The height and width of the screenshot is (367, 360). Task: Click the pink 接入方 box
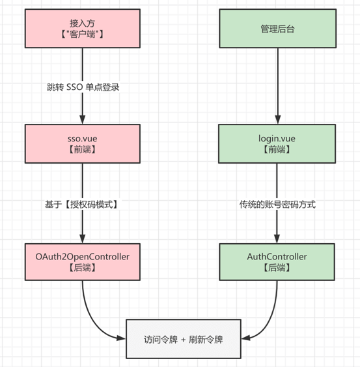point(83,28)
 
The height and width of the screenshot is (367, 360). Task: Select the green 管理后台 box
point(278,28)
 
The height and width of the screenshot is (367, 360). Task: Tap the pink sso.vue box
point(83,143)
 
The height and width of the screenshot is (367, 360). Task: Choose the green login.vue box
point(278,143)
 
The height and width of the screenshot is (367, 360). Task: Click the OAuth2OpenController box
point(83,262)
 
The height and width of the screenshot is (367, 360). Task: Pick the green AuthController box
point(278,262)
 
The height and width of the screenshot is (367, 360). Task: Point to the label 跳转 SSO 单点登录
point(83,87)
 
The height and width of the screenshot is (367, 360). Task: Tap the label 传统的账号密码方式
point(278,204)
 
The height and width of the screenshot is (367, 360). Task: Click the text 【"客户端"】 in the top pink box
point(83,35)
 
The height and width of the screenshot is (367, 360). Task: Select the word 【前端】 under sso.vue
point(83,150)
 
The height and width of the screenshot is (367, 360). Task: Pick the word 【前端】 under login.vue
point(278,150)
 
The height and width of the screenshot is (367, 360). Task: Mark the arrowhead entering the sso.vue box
point(83,120)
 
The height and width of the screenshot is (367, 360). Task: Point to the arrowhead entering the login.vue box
point(278,120)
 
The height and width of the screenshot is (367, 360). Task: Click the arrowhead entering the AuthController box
point(278,239)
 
